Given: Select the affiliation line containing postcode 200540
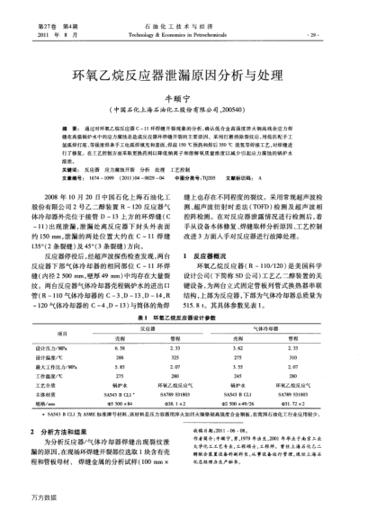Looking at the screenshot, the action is click(x=184, y=102).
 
